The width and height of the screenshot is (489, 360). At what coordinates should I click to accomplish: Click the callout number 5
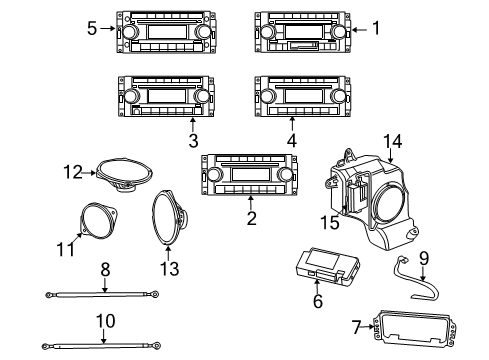(x=92, y=28)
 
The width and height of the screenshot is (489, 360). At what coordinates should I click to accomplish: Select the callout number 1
(x=376, y=30)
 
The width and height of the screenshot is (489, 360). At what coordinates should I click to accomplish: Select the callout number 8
(x=103, y=268)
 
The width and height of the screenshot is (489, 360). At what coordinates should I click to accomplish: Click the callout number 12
(x=72, y=171)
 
